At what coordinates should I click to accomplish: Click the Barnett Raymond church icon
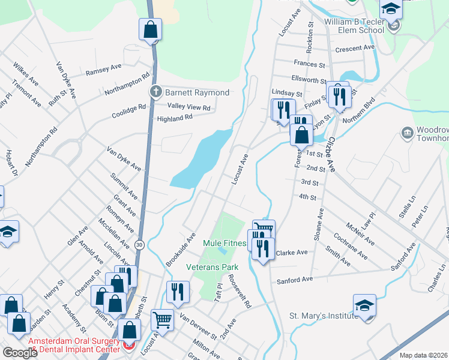pos(155,92)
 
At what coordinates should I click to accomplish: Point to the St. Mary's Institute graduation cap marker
pos(364,305)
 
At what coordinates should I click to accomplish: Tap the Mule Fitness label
pos(225,243)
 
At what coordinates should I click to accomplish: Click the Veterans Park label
pos(212,267)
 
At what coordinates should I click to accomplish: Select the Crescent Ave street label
pos(355,48)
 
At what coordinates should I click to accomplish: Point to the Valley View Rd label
pos(189,107)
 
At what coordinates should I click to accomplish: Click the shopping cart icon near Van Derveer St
pos(162,319)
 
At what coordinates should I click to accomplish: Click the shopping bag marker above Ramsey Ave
pos(150,29)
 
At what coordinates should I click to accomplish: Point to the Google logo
pos(20,353)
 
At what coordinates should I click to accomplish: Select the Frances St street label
pos(309,64)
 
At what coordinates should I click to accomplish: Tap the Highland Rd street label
pos(175,118)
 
